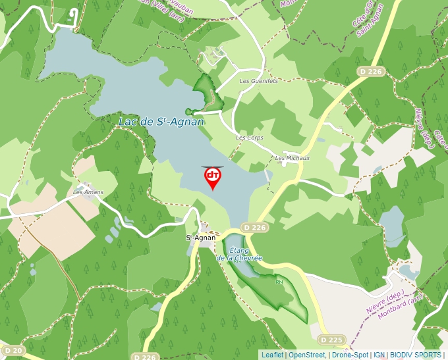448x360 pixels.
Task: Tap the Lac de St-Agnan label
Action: click(161, 122)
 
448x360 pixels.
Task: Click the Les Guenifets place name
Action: click(258, 81)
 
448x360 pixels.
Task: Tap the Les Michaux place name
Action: click(293, 158)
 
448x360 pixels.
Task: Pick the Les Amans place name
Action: click(88, 192)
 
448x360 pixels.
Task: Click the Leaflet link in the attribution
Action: click(272, 355)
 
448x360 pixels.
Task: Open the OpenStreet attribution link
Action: click(306, 355)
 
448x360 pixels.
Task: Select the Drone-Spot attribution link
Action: click(350, 355)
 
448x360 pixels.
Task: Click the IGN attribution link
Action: click(379, 355)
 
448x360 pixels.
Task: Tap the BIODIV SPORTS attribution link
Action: click(415, 355)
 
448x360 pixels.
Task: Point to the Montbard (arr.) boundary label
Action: click(402, 307)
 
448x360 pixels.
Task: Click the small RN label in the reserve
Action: click(278, 282)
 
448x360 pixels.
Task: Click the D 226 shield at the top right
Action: click(371, 70)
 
